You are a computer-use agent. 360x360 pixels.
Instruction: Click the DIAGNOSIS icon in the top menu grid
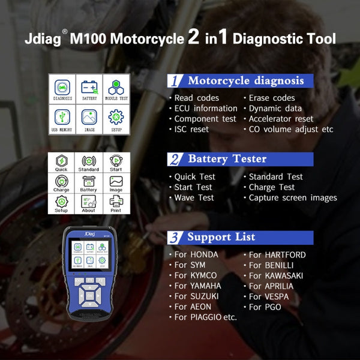coord(62,88)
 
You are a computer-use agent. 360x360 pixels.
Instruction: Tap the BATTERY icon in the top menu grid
coord(89,88)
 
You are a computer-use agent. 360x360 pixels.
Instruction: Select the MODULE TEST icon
coord(115,88)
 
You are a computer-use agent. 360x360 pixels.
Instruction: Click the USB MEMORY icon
coord(62,118)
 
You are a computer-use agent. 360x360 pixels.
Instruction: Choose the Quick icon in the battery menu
coord(61,163)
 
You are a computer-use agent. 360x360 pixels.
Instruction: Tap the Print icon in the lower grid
coord(115,203)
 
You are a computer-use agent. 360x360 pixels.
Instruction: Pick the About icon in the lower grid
coord(88,203)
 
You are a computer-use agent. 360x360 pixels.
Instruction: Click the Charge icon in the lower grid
coord(61,182)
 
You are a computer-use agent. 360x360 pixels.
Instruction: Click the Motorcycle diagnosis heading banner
coord(240,80)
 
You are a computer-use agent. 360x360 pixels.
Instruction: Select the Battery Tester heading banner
coord(240,159)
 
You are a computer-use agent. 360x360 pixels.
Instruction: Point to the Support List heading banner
coord(240,237)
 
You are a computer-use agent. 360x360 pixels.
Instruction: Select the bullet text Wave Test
coord(194,197)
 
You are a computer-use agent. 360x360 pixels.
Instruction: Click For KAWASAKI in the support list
coord(276,275)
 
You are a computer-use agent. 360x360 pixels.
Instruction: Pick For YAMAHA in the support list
coord(197,286)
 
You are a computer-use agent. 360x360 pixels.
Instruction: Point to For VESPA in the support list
coord(269,296)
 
